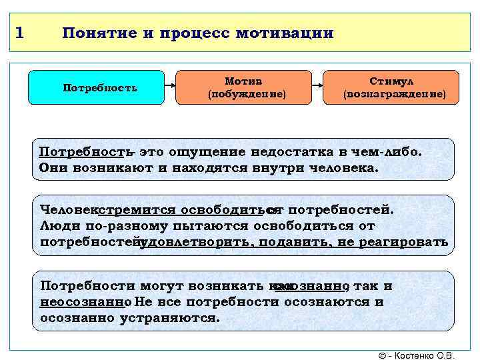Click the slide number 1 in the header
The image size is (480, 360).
20,31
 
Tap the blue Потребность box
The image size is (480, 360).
99,87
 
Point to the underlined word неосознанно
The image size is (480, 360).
83,302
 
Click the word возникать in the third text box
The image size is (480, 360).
199,286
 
